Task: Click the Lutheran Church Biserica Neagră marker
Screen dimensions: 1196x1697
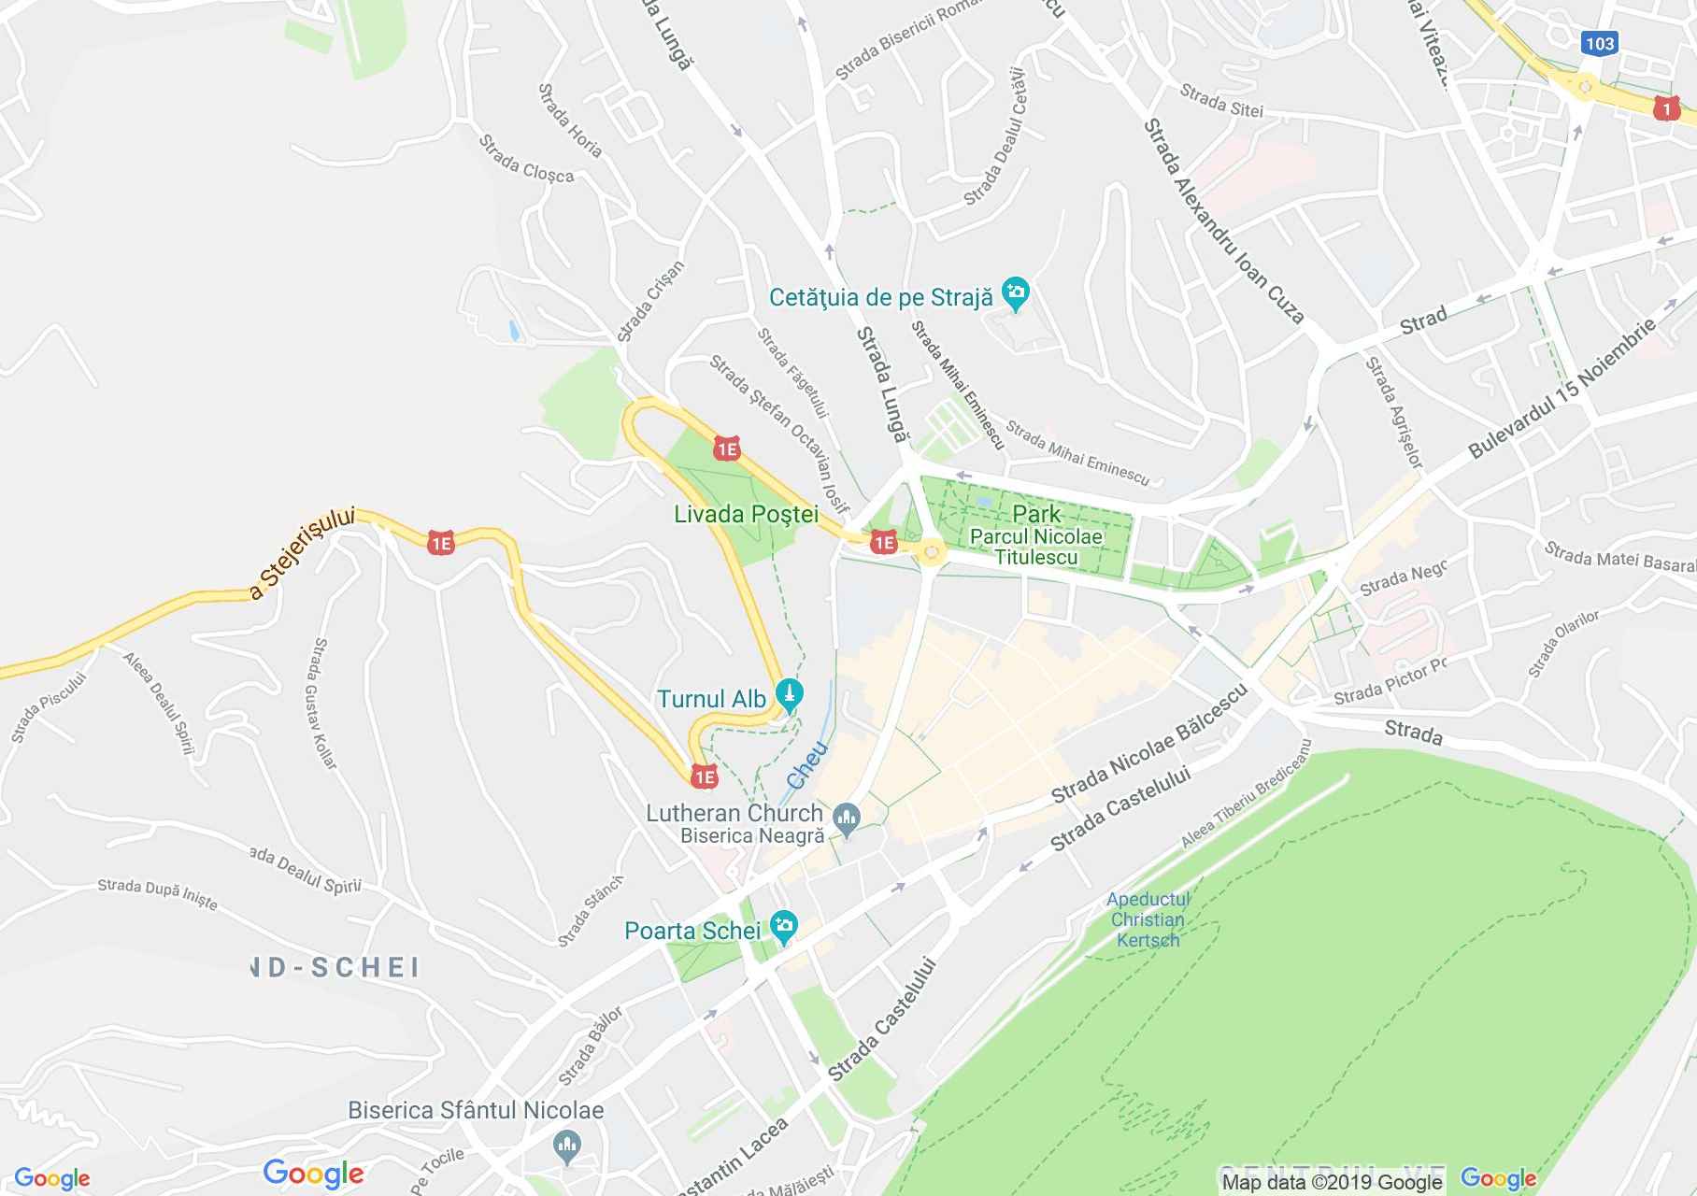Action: (x=847, y=820)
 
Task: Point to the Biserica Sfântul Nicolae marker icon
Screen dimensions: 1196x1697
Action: (x=566, y=1146)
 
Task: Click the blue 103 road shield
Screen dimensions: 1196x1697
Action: (x=1599, y=43)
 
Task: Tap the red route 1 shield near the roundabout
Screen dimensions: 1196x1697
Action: (x=1664, y=109)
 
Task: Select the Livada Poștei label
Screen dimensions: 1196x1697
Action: (x=746, y=514)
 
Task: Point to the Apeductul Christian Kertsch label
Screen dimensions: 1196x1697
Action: (x=1148, y=919)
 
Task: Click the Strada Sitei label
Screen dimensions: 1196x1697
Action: (x=1220, y=102)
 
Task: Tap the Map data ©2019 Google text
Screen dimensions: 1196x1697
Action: (x=1333, y=1182)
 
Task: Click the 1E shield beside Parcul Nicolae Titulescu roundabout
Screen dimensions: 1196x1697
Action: (x=883, y=542)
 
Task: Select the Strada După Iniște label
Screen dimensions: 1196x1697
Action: (x=157, y=894)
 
